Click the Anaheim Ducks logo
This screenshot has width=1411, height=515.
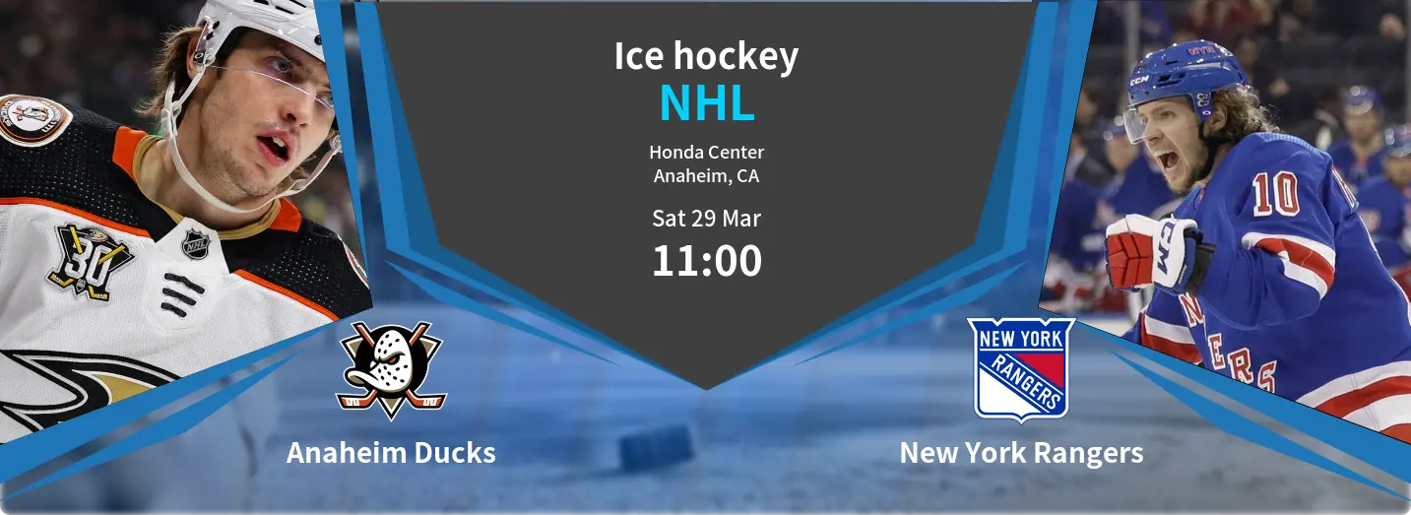391,368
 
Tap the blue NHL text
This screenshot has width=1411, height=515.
706,104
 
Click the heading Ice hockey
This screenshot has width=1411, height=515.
706,56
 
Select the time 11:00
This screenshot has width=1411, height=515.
706,261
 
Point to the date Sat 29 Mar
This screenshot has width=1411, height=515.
706,218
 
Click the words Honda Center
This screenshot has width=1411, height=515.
706,153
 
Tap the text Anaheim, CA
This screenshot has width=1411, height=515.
706,176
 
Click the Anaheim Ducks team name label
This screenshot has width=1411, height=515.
391,453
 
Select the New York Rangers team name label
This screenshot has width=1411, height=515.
1021,453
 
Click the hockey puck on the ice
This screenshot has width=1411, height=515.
656,448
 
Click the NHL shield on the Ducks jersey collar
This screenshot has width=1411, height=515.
196,243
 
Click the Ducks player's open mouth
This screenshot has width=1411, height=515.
277,148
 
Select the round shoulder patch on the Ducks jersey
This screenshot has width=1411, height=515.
32,119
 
